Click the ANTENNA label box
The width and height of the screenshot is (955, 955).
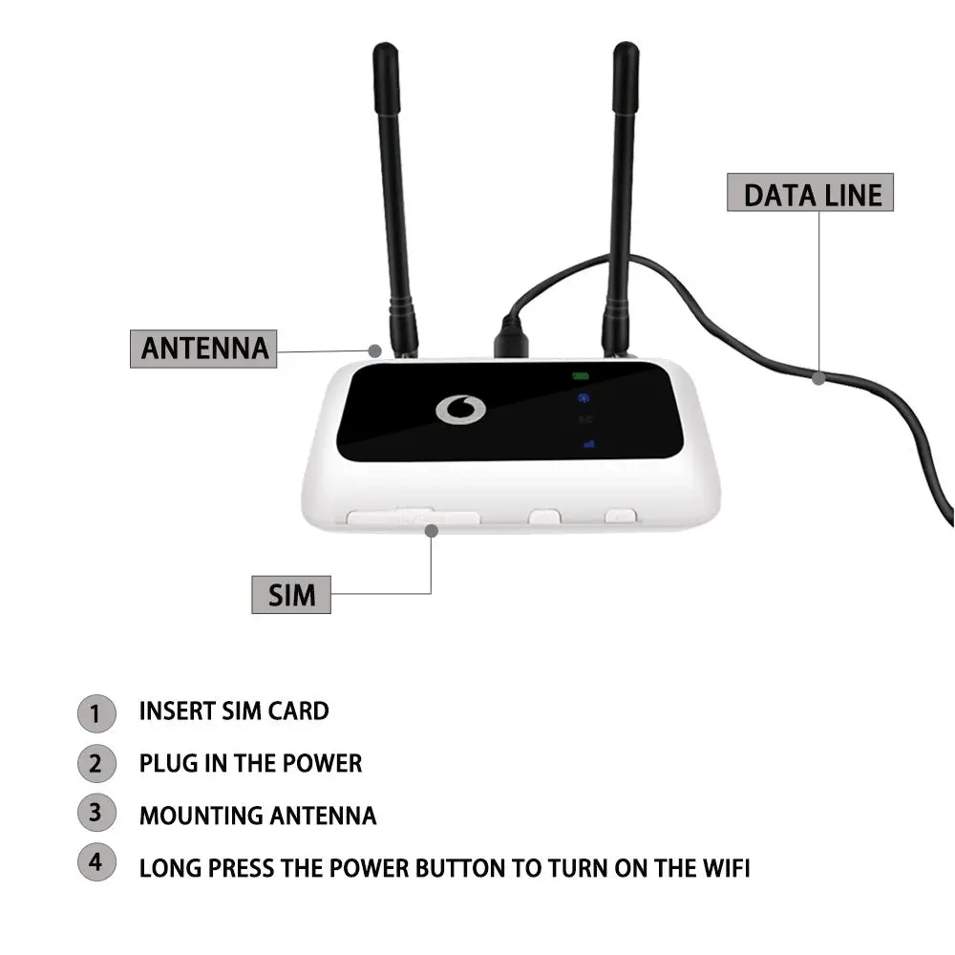coord(203,348)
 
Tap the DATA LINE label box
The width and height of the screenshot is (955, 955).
coord(811,194)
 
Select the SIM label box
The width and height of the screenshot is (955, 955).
coord(291,595)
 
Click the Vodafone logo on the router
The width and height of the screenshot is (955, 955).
coord(460,409)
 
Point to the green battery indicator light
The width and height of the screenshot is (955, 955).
coord(581,376)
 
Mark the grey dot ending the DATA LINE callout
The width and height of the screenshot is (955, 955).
coord(818,378)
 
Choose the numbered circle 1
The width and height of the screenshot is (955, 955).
coord(95,712)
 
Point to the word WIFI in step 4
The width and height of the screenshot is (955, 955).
coord(723,869)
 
